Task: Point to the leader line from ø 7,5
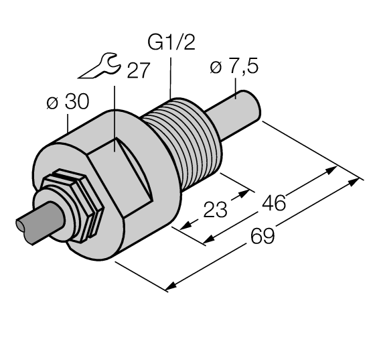click(x=236, y=87)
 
